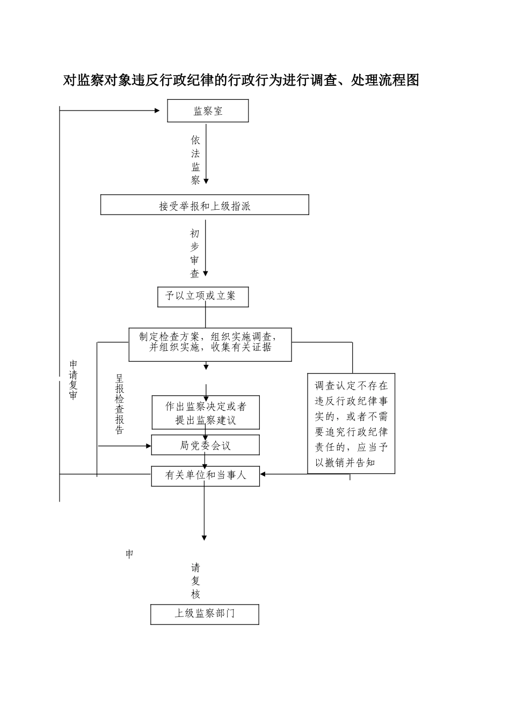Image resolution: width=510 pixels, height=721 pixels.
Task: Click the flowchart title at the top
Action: coord(241,80)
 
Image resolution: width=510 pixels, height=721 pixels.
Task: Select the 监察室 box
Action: coord(208,111)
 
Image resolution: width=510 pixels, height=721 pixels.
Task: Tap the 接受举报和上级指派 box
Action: coord(205,205)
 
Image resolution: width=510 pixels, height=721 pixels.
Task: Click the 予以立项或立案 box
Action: coord(203,296)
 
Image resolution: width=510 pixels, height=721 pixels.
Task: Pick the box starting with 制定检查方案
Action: coord(210,344)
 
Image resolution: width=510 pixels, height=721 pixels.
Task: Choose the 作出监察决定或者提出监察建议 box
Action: coord(206,413)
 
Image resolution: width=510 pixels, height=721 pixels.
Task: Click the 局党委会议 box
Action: coord(206,445)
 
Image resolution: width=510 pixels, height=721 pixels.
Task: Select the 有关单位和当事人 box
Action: coord(206,475)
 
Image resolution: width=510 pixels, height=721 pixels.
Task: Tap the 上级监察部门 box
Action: coord(205,614)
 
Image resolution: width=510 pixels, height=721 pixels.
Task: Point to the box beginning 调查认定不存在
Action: coord(351,423)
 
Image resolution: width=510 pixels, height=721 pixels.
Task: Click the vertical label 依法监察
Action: coord(195,160)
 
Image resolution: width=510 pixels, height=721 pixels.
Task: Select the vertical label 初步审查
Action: coord(195,254)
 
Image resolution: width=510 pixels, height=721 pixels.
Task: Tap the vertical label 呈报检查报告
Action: coord(120,404)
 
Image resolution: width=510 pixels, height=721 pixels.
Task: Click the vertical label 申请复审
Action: coord(73,379)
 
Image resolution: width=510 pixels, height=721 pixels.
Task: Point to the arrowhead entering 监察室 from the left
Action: coord(157,111)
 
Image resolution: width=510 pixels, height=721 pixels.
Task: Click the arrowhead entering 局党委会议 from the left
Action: coord(149,445)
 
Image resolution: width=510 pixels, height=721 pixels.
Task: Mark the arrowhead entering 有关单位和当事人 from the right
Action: coord(263,474)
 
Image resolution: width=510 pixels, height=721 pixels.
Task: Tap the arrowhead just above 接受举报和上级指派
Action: coord(206,181)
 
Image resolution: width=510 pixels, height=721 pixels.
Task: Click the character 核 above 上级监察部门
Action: coord(195,594)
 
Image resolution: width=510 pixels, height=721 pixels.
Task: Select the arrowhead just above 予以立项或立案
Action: coord(205,274)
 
